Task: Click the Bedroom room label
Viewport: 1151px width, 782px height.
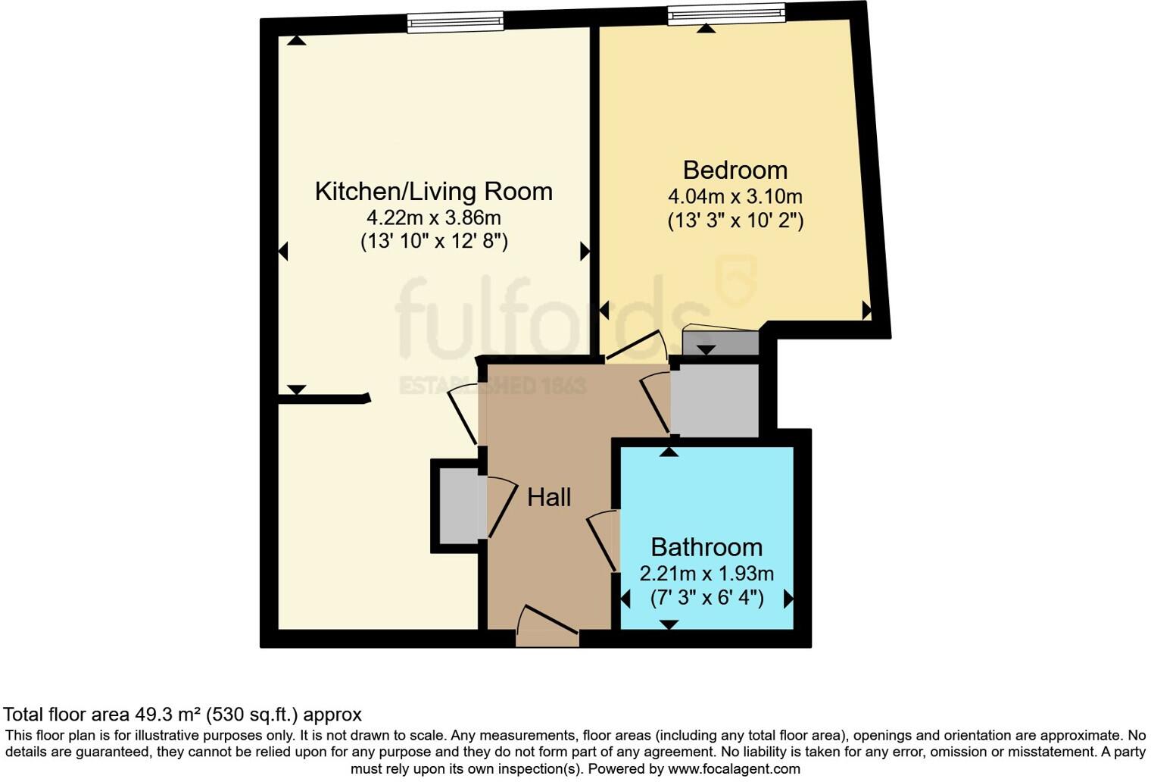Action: [735, 170]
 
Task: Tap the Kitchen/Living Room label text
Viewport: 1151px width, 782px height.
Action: [433, 191]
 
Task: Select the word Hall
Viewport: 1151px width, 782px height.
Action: [549, 497]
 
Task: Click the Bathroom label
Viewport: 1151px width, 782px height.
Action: [706, 547]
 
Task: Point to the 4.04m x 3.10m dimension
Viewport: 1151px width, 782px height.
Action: [735, 196]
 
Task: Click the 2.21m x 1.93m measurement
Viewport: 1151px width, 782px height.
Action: [706, 574]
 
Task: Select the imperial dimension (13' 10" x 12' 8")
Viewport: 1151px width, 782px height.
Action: [433, 242]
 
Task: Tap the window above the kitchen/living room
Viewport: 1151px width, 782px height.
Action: [455, 22]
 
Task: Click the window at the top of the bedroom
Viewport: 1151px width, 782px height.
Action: [726, 14]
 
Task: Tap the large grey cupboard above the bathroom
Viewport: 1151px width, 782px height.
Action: [715, 400]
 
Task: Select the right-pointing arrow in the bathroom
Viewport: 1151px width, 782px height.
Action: [788, 599]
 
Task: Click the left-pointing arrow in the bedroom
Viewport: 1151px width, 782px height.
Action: [604, 310]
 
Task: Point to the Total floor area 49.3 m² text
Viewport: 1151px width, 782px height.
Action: [182, 715]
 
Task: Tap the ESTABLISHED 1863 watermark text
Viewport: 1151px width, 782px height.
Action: [493, 386]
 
